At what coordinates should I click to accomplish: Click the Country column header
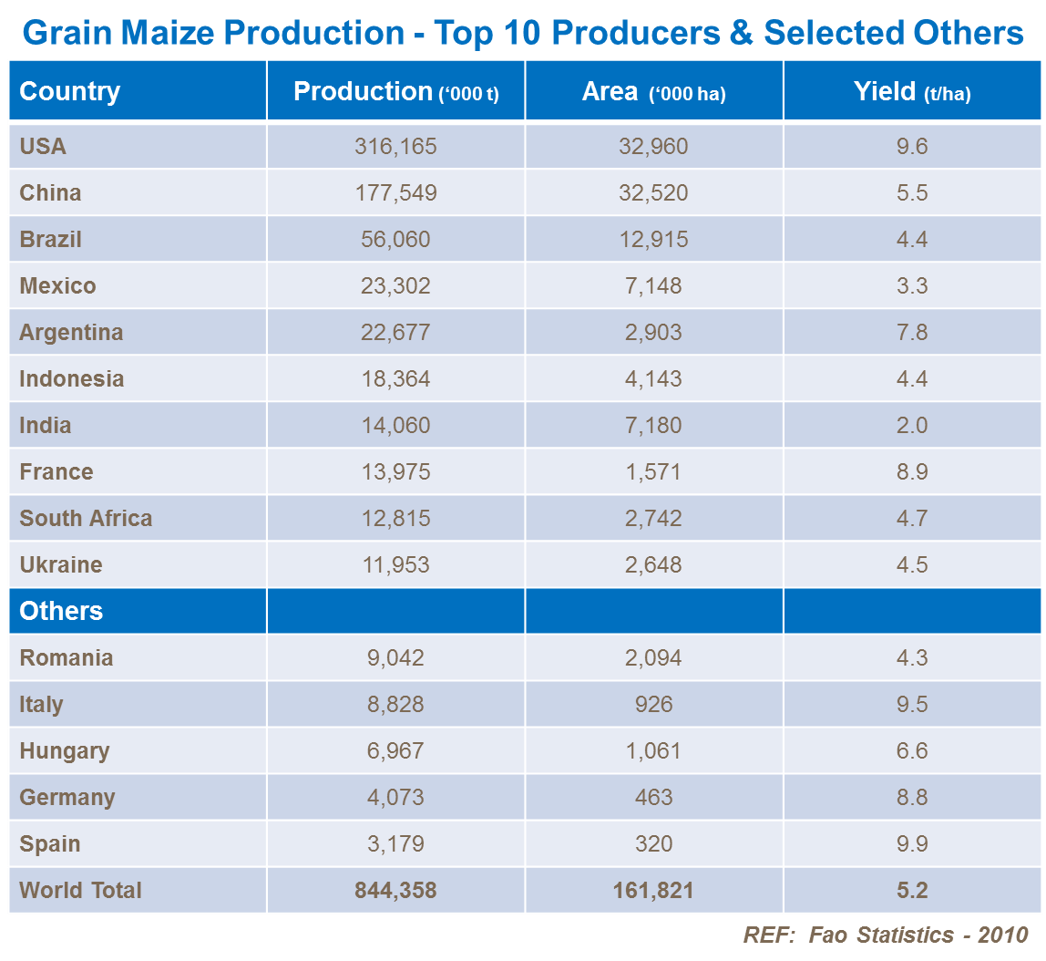[70, 91]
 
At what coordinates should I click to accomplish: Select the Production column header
[395, 91]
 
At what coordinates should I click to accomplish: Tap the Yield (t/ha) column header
[911, 91]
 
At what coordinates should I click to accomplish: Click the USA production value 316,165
[395, 146]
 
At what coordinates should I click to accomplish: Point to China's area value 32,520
[653, 192]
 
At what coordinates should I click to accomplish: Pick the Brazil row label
[51, 239]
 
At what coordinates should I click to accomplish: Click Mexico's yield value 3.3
[911, 285]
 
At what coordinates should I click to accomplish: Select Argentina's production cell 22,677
[395, 332]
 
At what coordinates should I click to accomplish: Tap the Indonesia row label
[72, 378]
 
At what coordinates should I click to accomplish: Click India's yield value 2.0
[911, 425]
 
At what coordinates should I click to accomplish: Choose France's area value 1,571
[653, 471]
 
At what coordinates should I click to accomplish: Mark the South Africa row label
[86, 518]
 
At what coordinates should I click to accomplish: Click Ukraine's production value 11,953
[395, 564]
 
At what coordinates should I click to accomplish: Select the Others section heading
[61, 611]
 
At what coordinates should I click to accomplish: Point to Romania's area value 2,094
[653, 657]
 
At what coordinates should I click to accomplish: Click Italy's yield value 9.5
[911, 704]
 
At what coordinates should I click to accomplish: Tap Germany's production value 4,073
[395, 797]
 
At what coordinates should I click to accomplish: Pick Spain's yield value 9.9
[911, 843]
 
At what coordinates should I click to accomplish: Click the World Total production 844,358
[395, 890]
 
